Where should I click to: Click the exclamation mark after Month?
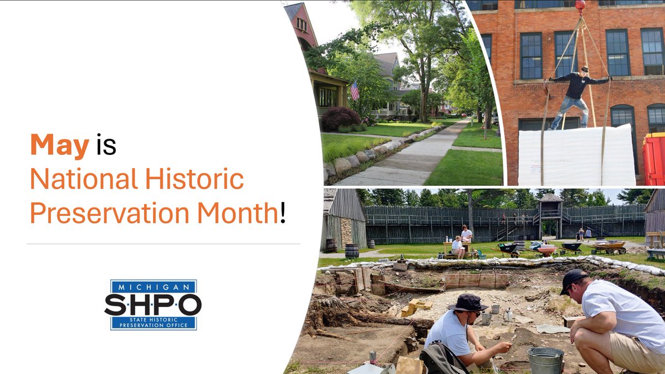click(283, 213)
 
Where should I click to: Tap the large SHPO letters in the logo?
click(153, 304)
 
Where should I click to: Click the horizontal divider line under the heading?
click(163, 243)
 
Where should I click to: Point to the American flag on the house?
click(355, 90)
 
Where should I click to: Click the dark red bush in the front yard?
click(341, 118)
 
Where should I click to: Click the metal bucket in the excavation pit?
click(545, 360)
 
